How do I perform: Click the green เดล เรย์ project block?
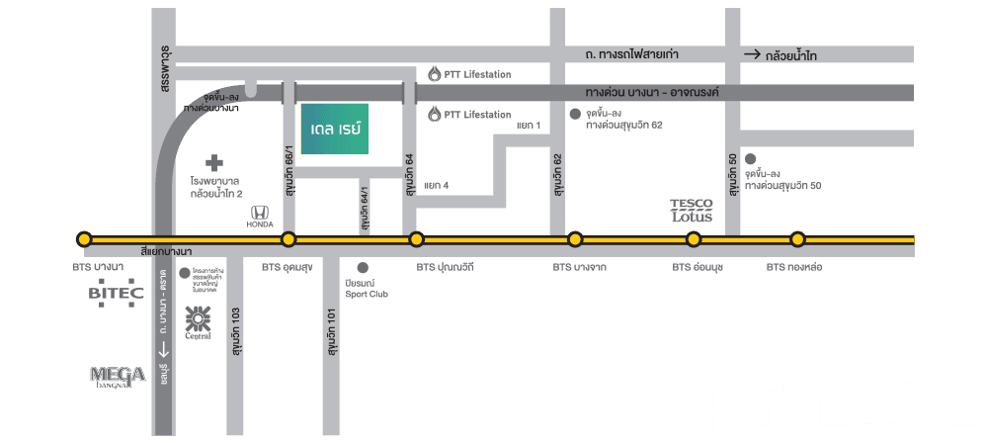tap(334, 129)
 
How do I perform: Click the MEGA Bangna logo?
tap(118, 376)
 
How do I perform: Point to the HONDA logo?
tap(259, 216)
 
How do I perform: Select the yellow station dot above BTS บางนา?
tap(84, 239)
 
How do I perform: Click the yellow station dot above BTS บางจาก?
tap(574, 239)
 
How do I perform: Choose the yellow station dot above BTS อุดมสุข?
tap(288, 239)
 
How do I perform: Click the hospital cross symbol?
tap(214, 161)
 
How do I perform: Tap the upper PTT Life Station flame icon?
tap(435, 74)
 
